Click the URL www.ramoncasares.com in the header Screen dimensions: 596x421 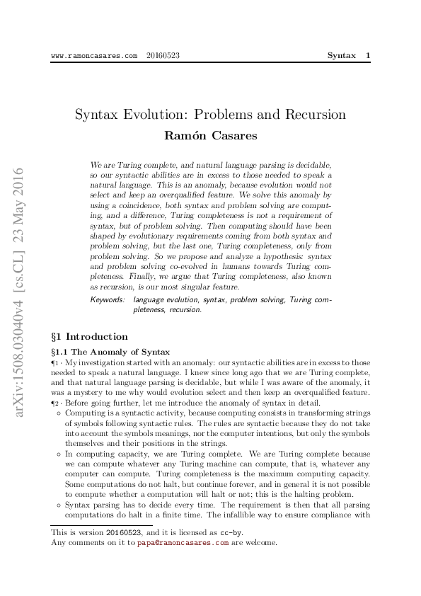tap(95, 55)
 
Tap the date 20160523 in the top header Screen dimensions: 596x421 tap(163, 55)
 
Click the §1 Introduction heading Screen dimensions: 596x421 tap(90, 337)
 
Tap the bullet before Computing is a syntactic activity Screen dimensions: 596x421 tap(58, 412)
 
